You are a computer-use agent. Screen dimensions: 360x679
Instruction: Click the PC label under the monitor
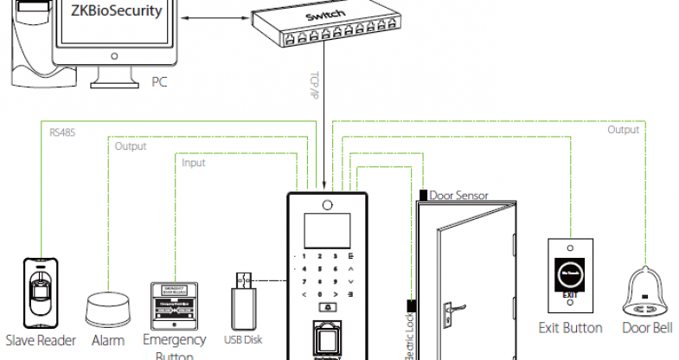coord(157,83)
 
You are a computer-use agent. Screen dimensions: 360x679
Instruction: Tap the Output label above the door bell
coord(623,130)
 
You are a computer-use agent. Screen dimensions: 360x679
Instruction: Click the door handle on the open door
coord(451,306)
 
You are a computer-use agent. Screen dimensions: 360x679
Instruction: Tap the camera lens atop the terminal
coord(328,205)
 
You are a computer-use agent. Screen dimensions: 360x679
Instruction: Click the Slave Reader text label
coord(41,340)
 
